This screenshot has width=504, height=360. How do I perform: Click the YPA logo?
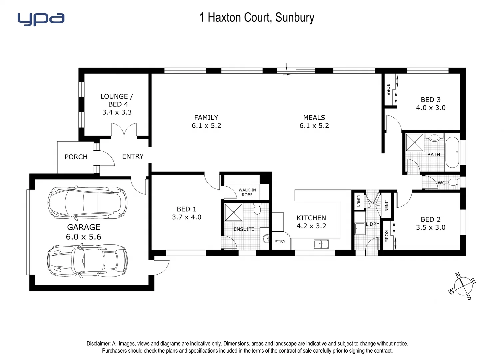coord(41,19)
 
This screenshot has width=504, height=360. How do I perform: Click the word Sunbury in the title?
coord(295,18)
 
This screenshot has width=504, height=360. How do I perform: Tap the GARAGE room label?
coord(83,227)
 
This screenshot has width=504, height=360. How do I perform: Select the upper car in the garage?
coord(87,203)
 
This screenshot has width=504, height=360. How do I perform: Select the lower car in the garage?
coord(87,261)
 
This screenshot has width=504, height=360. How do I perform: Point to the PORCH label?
coord(76,157)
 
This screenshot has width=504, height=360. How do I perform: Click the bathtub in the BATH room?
coord(452,152)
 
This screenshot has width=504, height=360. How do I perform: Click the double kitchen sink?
coord(321,244)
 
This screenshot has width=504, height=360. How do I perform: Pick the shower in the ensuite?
coord(233,212)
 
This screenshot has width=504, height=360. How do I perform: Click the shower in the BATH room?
coord(415,142)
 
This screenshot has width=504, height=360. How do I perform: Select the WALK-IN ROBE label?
coord(247,192)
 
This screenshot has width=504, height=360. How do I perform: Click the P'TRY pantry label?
coord(280,242)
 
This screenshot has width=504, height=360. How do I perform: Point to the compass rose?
coord(463,286)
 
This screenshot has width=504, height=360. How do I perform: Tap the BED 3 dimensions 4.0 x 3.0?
coord(431,108)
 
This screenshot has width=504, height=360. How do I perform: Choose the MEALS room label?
coord(314,117)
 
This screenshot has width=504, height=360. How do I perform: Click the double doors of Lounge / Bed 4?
coord(124,131)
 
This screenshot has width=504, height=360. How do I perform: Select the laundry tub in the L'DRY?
coord(359,229)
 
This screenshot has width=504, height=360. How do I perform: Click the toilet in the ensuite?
coord(257,209)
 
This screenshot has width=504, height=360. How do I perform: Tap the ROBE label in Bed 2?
coord(386,236)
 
